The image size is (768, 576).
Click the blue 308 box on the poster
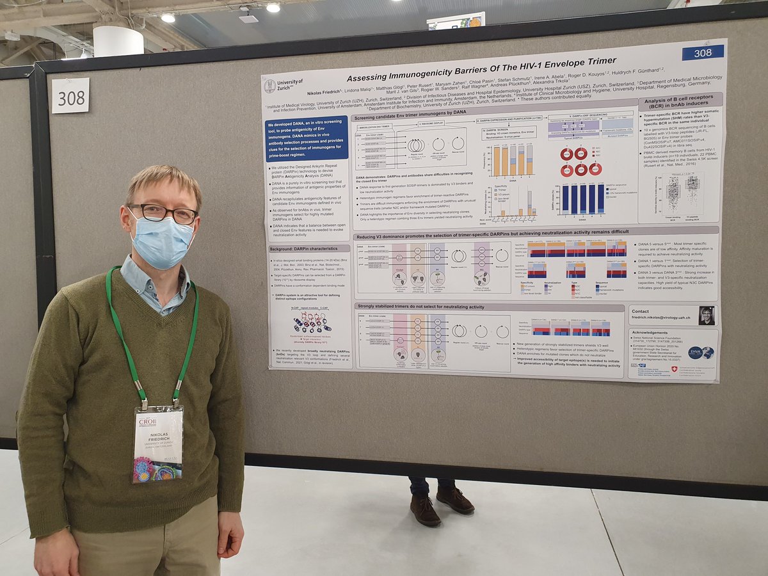(x=702, y=52)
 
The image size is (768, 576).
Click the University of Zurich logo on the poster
(x=282, y=86)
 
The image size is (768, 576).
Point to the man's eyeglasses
(x=163, y=213)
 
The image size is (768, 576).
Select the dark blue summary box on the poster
(x=307, y=138)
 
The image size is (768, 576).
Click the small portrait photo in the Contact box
(x=706, y=315)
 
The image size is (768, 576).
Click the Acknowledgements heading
(x=653, y=333)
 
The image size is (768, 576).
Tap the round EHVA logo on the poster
(x=696, y=353)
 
